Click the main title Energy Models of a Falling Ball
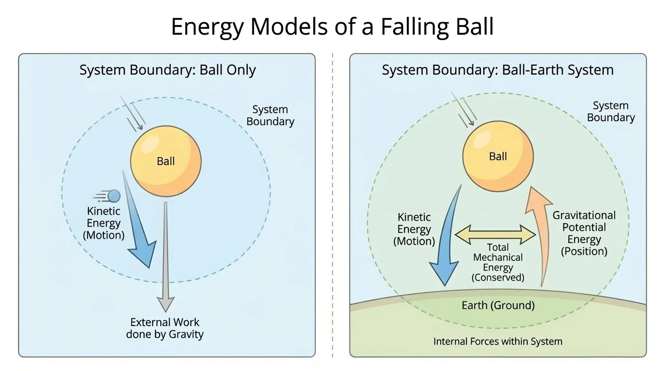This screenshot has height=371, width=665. [x=332, y=27]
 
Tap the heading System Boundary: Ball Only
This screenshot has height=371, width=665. [x=167, y=70]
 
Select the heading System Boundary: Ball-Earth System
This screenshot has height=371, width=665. [x=497, y=70]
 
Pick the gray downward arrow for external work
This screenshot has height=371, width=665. [x=166, y=256]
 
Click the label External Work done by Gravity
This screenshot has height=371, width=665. [x=165, y=328]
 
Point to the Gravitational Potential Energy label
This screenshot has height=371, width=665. [x=584, y=233]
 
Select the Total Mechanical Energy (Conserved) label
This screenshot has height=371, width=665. [x=498, y=263]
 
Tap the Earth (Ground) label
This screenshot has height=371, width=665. [x=498, y=305]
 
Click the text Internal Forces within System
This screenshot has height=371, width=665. [x=498, y=342]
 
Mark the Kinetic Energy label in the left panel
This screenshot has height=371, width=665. [x=103, y=223]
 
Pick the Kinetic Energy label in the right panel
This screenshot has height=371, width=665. [x=414, y=229]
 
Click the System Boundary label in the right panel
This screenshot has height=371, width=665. [x=610, y=112]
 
